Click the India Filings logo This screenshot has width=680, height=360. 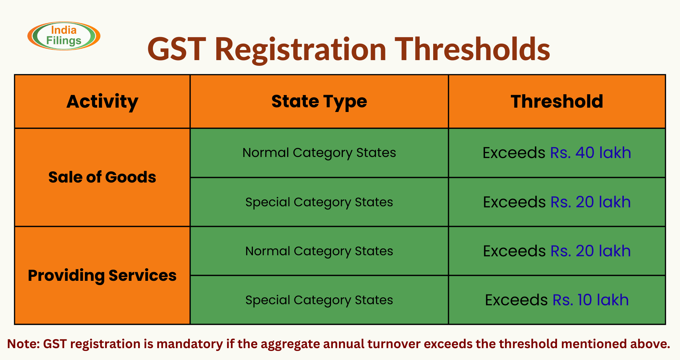pyautogui.click(x=64, y=36)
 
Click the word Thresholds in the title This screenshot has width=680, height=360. pyautogui.click(x=472, y=49)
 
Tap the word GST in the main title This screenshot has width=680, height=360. pyautogui.click(x=176, y=49)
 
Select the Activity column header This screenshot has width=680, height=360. pyautogui.click(x=102, y=102)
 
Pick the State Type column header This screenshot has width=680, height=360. pyautogui.click(x=319, y=102)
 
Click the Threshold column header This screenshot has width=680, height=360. pyautogui.click(x=557, y=102)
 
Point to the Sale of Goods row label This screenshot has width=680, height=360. pyautogui.click(x=102, y=177)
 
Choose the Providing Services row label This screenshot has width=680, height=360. pyautogui.click(x=102, y=275)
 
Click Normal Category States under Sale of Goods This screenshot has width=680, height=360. pyautogui.click(x=319, y=153)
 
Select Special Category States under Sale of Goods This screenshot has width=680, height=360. pyautogui.click(x=319, y=202)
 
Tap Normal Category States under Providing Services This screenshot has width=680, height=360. pyautogui.click(x=319, y=251)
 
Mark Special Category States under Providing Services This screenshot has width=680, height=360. pyautogui.click(x=319, y=300)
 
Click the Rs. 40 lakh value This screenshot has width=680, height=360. pyautogui.click(x=590, y=153)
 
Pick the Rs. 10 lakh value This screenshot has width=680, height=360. pyautogui.click(x=590, y=300)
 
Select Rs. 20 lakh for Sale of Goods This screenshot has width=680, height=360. pyautogui.click(x=590, y=202)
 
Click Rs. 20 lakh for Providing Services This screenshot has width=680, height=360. pyautogui.click(x=590, y=251)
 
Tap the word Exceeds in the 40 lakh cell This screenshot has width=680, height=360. pyautogui.click(x=514, y=153)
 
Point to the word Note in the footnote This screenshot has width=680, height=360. pyautogui.click(x=23, y=344)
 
